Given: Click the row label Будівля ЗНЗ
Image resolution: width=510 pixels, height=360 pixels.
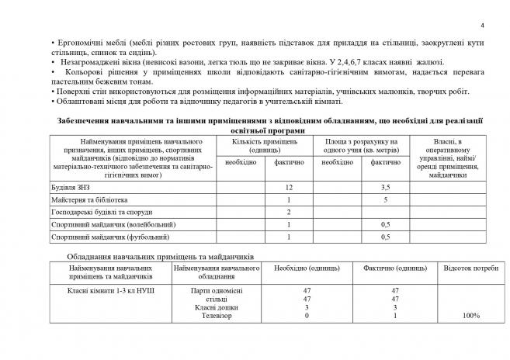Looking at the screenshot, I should (71, 188).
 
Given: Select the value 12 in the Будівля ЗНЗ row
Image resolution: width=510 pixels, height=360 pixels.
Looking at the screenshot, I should (288, 188).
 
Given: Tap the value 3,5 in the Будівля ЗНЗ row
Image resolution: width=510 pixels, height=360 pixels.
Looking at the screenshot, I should (385, 188).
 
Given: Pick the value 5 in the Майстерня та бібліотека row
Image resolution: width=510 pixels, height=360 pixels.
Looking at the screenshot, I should (385, 199).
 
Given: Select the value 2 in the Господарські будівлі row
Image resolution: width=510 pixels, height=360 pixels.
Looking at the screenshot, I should (288, 212).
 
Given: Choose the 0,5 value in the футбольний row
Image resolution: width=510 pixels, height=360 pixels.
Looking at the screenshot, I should (385, 236).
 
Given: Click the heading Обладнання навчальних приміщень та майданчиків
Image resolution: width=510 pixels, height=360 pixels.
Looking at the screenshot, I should (161, 256).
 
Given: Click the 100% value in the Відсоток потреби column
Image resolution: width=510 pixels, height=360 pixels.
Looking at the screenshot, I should (470, 316).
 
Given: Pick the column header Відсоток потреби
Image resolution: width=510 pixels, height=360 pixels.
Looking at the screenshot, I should (470, 268).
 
